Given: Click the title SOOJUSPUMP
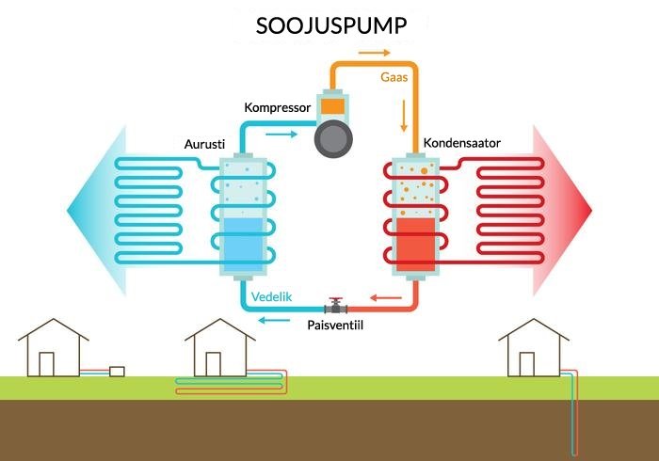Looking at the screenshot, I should tap(331, 25).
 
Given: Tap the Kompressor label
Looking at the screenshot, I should tap(277, 108).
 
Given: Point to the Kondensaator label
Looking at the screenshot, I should tap(461, 143).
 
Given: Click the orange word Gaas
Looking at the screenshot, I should tap(394, 78).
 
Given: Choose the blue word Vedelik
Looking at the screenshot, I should tap(273, 297).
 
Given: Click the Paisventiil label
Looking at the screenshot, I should tap(336, 325).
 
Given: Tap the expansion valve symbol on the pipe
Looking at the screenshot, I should tap(335, 306).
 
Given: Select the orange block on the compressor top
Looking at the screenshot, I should tap(334, 106).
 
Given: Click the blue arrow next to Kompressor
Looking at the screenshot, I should tap(280, 135).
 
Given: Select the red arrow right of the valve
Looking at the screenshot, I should tap(382, 299).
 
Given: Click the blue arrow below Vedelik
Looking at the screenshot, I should tap(275, 320).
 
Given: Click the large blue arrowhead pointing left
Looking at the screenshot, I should tap(88, 208).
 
